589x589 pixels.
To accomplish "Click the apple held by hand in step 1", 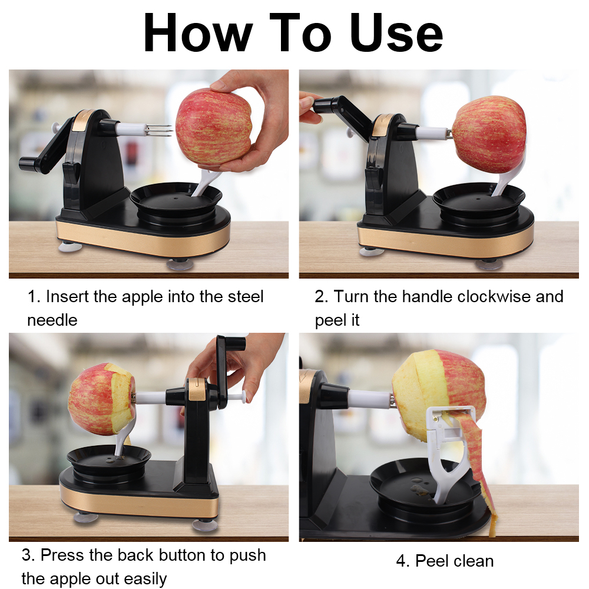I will click(213, 126).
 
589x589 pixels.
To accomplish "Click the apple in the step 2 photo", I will click(489, 134).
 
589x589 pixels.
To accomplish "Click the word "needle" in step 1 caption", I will click(52, 320).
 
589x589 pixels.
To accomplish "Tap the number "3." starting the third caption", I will click(28, 555).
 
